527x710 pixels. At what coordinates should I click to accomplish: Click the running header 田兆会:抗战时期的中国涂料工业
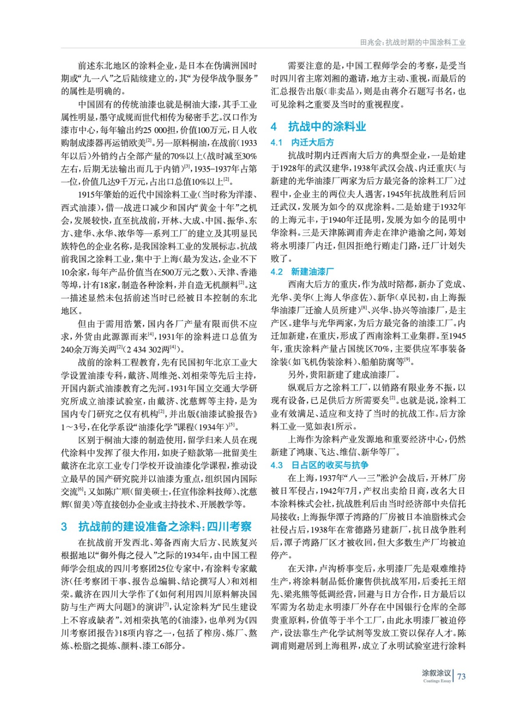(x=412, y=42)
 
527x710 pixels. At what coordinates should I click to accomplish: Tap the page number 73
(x=461, y=676)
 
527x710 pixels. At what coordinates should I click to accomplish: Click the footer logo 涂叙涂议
(x=436, y=673)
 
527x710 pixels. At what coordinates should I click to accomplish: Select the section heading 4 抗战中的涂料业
(x=318, y=126)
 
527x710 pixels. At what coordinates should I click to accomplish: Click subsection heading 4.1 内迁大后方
(x=302, y=142)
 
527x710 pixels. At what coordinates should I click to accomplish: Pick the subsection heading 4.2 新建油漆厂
(x=302, y=272)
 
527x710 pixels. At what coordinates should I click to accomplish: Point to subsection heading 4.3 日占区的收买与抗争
(x=320, y=465)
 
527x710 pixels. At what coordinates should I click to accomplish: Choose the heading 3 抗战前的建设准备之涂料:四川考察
(x=156, y=526)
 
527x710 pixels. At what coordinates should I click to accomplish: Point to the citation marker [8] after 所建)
(x=364, y=308)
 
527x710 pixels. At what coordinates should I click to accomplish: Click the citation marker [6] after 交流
(x=81, y=489)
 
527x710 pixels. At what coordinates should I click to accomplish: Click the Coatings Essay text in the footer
(x=437, y=681)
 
